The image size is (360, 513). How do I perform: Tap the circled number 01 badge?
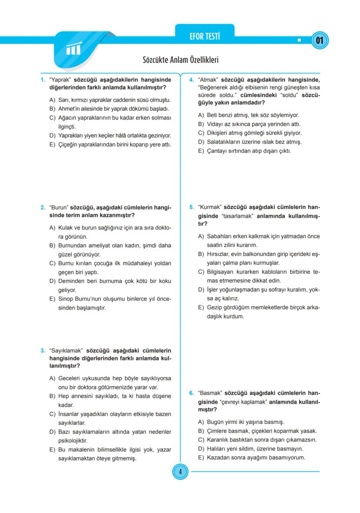click(x=320, y=41)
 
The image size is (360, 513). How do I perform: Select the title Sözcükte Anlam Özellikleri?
click(x=180, y=60)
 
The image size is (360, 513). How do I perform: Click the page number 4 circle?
click(x=180, y=471)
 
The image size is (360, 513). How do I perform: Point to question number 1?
click(x=43, y=80)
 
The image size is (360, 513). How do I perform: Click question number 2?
click(x=43, y=207)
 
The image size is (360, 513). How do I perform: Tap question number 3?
click(x=43, y=350)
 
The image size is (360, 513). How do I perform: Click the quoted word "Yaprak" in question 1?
click(x=60, y=80)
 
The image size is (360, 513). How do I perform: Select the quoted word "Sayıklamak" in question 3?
click(x=67, y=350)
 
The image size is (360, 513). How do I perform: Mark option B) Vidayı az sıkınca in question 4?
click(x=252, y=124)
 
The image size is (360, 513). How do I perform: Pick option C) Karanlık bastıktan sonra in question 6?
click(x=257, y=440)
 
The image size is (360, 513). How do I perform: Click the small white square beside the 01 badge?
click(x=299, y=41)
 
